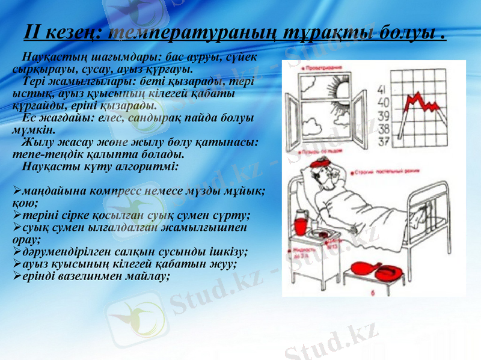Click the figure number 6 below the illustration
[373, 293]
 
